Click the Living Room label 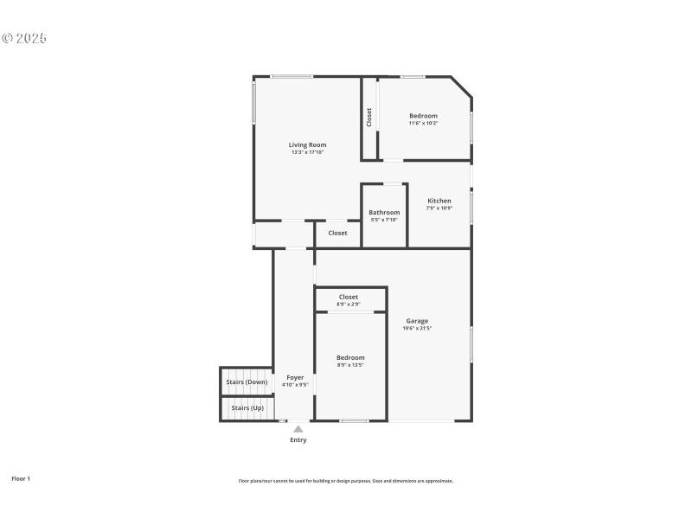coord(307,144)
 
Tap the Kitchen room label coord(439,201)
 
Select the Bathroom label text coord(384,213)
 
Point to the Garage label coord(417,321)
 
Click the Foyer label coord(295,377)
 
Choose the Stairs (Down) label coord(247,381)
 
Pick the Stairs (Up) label coord(247,407)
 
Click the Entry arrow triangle coord(298,428)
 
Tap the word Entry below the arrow coord(298,440)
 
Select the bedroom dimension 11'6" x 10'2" coord(424,123)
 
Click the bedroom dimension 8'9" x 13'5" coord(350,365)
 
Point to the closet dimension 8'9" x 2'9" coord(349,304)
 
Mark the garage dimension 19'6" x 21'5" coord(417,328)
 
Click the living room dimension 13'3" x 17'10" coord(307,152)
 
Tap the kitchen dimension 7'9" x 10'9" coord(439,208)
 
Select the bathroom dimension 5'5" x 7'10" coord(384,220)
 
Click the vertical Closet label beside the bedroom coord(369,117)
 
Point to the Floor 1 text coord(21,478)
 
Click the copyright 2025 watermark coord(24,38)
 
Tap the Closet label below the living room coord(337,233)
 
